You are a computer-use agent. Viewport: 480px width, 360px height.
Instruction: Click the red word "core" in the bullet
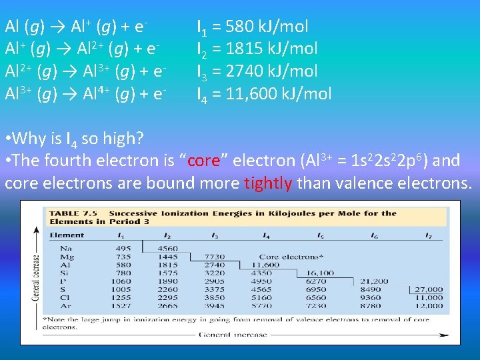pos(204,161)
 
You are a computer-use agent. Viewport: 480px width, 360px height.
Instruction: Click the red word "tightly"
pos(268,183)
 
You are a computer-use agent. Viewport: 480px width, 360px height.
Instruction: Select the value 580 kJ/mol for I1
pos(267,27)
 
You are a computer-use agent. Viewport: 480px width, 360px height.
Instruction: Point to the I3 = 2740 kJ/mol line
pos(263,71)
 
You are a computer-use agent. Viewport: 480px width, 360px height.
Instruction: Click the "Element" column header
pos(67,236)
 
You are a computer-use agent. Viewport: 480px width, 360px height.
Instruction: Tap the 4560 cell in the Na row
pos(168,248)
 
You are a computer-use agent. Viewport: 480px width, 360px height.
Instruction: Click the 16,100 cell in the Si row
pos(320,273)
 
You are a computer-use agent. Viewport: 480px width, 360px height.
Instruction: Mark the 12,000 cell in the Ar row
pos(428,305)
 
